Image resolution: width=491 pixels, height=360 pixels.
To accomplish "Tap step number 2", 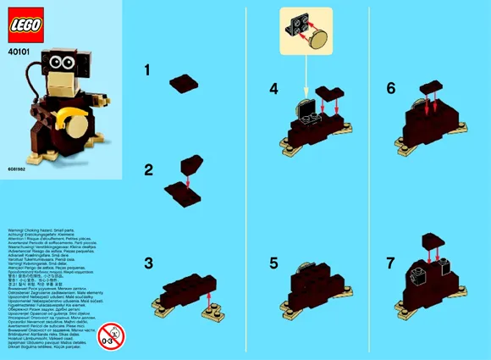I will (x=148, y=170).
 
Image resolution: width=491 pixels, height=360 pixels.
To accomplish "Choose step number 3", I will (x=148, y=263).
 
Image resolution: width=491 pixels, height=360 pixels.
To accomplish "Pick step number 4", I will (x=273, y=88).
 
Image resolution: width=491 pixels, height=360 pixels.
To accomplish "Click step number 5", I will (x=273, y=263).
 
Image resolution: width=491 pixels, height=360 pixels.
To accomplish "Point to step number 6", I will (x=391, y=88).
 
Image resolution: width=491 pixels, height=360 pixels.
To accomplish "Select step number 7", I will (x=390, y=263).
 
